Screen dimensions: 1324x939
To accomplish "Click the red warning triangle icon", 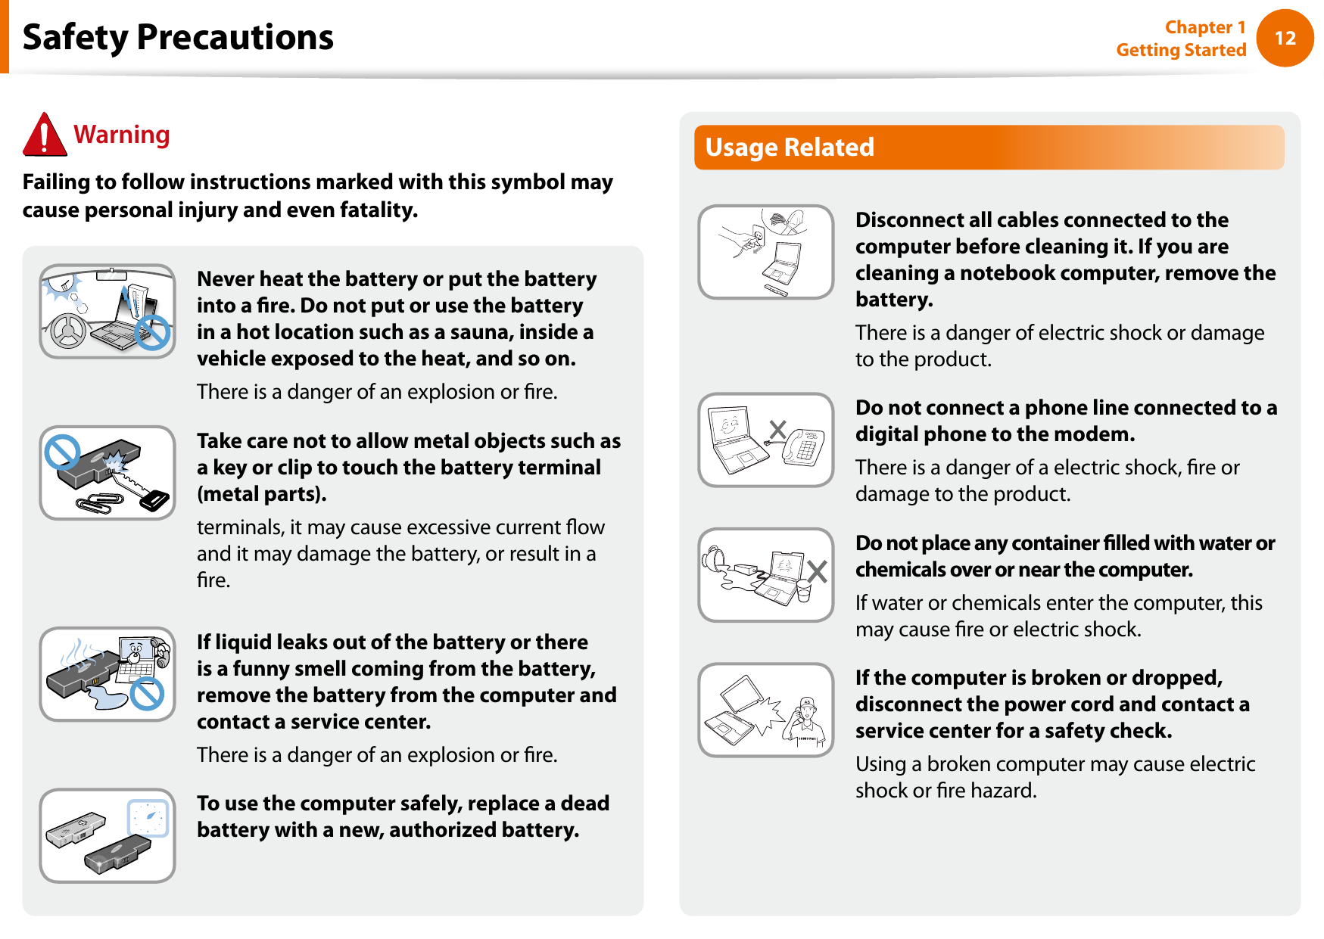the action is (45, 135).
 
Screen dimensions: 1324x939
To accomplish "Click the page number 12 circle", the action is (1285, 38).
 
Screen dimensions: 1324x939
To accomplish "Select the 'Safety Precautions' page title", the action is (178, 38).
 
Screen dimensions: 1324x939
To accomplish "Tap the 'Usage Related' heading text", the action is (790, 148).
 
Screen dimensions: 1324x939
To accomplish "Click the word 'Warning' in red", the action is (122, 135).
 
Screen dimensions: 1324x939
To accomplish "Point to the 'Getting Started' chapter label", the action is (1181, 50).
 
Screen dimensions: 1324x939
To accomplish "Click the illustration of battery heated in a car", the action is (107, 311).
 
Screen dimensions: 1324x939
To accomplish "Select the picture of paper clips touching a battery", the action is (107, 473).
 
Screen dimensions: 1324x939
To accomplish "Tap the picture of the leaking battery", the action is (107, 674).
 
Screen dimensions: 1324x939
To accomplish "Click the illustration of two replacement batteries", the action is (107, 836).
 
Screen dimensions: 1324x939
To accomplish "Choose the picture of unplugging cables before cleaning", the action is (766, 252).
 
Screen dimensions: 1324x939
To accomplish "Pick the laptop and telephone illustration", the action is (766, 440).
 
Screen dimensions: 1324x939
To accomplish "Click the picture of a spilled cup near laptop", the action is (766, 575).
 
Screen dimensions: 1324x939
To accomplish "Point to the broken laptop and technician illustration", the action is (766, 710).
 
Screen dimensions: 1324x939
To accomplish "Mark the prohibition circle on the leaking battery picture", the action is (148, 693).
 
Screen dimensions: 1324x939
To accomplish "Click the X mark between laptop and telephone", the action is (777, 430).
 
